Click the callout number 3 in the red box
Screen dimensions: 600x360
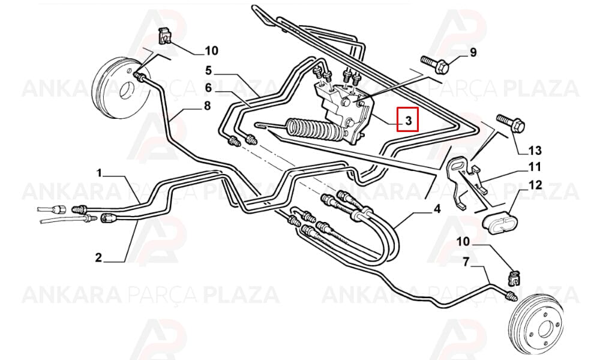(x=408, y=121)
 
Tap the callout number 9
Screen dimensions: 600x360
(x=473, y=52)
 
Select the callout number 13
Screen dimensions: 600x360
(x=535, y=151)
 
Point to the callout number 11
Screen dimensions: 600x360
(x=535, y=167)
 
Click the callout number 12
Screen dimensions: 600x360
(x=535, y=185)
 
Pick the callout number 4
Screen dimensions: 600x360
(x=437, y=209)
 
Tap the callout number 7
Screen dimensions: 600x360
(x=466, y=262)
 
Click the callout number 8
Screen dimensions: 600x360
(x=207, y=105)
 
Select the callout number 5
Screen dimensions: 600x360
(x=208, y=70)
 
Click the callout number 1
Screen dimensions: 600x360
(x=99, y=173)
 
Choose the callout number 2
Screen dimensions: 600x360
(x=98, y=257)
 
